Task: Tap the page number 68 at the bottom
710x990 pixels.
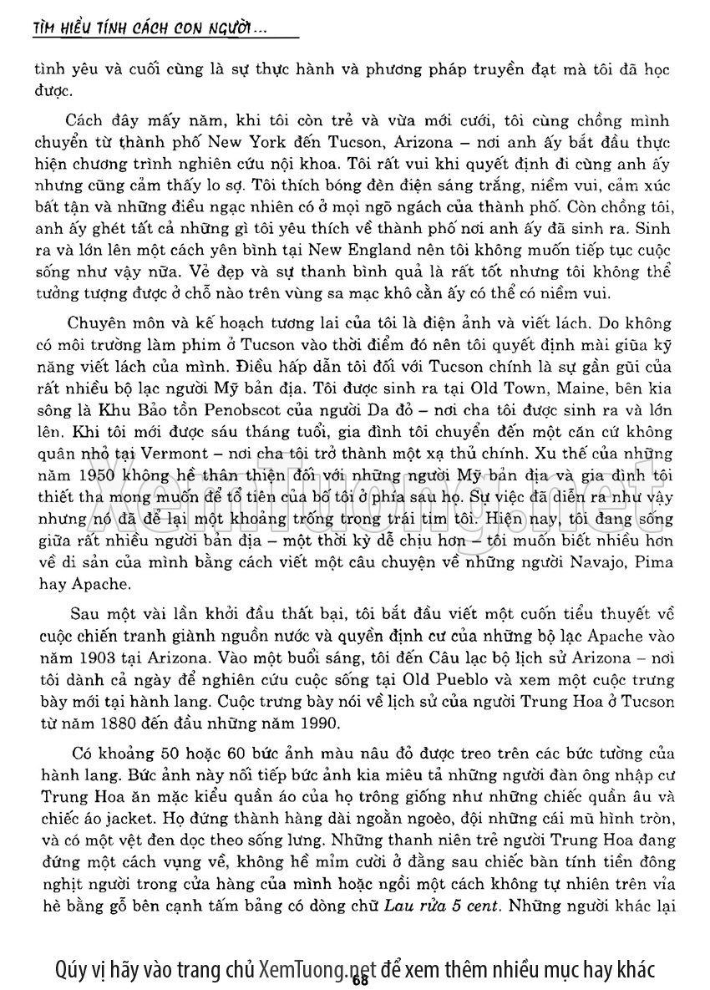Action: [x=360, y=980]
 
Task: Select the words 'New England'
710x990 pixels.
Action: [x=357, y=249]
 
